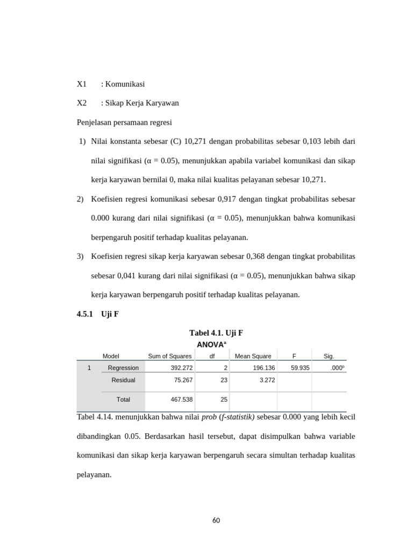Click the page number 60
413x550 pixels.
click(216, 520)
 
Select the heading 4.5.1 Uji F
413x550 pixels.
click(98, 314)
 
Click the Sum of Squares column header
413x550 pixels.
click(169, 356)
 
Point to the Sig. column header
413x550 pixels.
click(329, 356)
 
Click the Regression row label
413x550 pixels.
click(123, 368)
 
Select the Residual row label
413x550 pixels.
click(123, 380)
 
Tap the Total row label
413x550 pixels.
click(123, 399)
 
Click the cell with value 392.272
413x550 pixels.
click(180, 368)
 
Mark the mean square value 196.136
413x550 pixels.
click(264, 368)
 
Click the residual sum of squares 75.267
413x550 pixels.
click(182, 380)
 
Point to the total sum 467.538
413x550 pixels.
click(180, 399)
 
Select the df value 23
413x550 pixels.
click(224, 380)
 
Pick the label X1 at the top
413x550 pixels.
click(82, 84)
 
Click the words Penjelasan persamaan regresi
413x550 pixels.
click(124, 122)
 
